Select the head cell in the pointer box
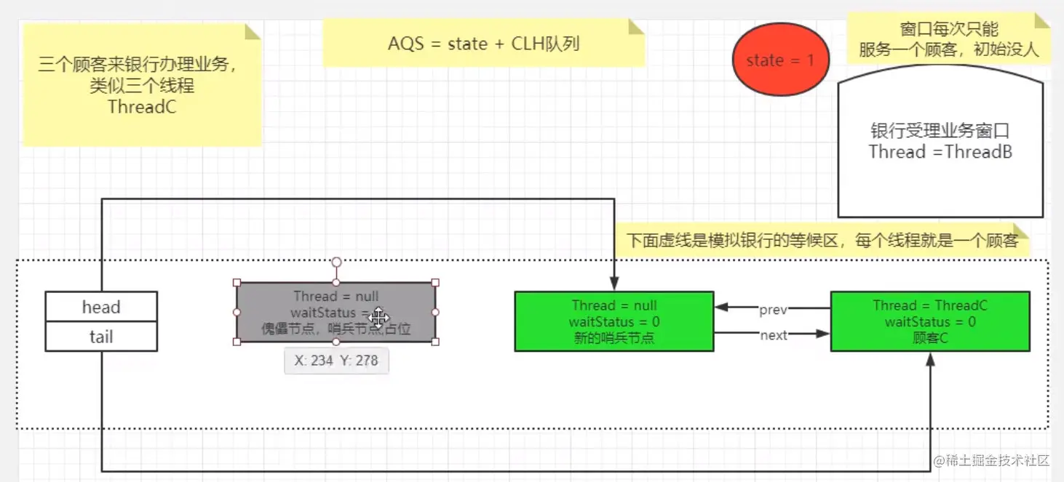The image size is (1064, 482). coord(101,307)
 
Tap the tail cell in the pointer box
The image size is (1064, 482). coord(101,337)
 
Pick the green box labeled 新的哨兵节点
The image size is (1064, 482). coord(614,321)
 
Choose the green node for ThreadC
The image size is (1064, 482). coord(929,321)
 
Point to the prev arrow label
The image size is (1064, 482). coord(773,310)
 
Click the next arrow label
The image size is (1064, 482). coord(773,335)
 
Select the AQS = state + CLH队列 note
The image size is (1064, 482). coord(483,44)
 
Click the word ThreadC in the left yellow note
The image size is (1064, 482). coord(142,107)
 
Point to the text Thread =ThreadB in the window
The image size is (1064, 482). coord(940,152)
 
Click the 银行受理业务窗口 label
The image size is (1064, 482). coord(940,132)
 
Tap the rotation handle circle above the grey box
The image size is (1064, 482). coord(336,262)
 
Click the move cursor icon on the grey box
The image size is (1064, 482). coord(378,317)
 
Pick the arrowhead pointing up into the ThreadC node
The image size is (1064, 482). coord(929,359)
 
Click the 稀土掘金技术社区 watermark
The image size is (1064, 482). coord(991,461)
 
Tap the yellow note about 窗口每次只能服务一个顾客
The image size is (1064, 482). coord(948,39)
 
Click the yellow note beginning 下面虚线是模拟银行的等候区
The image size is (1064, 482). coord(822,241)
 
